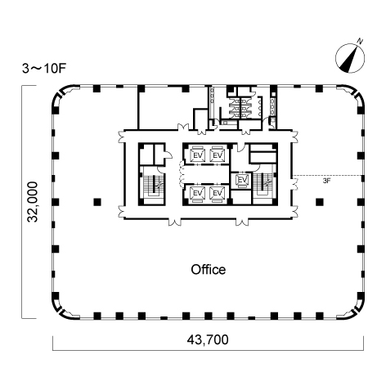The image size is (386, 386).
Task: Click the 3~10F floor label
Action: pos(44,69)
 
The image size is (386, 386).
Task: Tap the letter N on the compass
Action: pos(360,42)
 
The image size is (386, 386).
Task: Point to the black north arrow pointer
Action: pos(350,60)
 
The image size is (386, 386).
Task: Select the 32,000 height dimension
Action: pos(33,202)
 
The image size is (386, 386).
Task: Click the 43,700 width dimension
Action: pos(208,339)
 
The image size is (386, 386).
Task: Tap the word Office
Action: pos(209,270)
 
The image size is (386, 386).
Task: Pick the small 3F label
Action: pos(326,181)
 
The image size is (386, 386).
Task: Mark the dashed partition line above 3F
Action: pos(327,175)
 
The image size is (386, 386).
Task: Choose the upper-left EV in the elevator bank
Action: pos(198,155)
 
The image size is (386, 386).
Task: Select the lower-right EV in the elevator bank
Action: pos(218,193)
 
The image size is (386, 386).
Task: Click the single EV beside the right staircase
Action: pos(242,180)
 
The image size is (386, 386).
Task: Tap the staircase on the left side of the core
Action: pos(154,186)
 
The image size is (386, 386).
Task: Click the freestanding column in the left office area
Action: pos(97,202)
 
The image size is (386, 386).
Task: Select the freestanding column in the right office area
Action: pos(320,202)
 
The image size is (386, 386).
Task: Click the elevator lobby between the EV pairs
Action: pos(206,174)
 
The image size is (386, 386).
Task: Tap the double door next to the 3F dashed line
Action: pos(294,183)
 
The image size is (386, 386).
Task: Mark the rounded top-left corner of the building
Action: pos(63,96)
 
